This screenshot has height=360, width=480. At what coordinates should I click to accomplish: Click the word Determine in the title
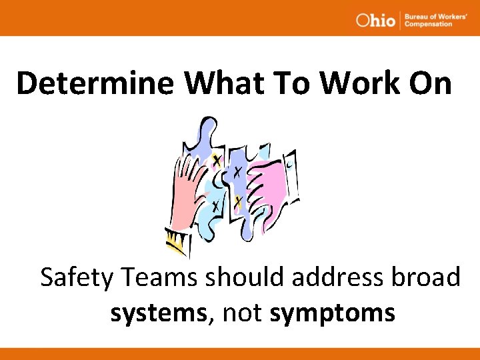(x=96, y=83)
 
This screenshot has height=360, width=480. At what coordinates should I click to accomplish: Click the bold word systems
(x=159, y=312)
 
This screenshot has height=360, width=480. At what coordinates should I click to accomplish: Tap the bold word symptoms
(x=333, y=312)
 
